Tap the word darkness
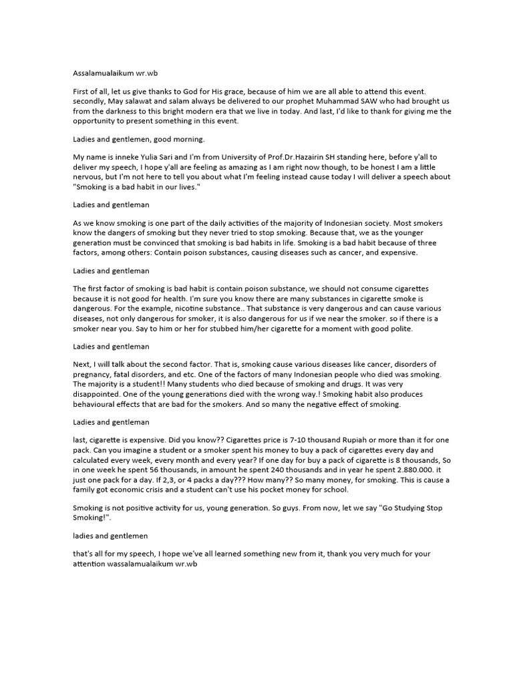click(116, 112)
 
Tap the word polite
click(401, 329)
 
